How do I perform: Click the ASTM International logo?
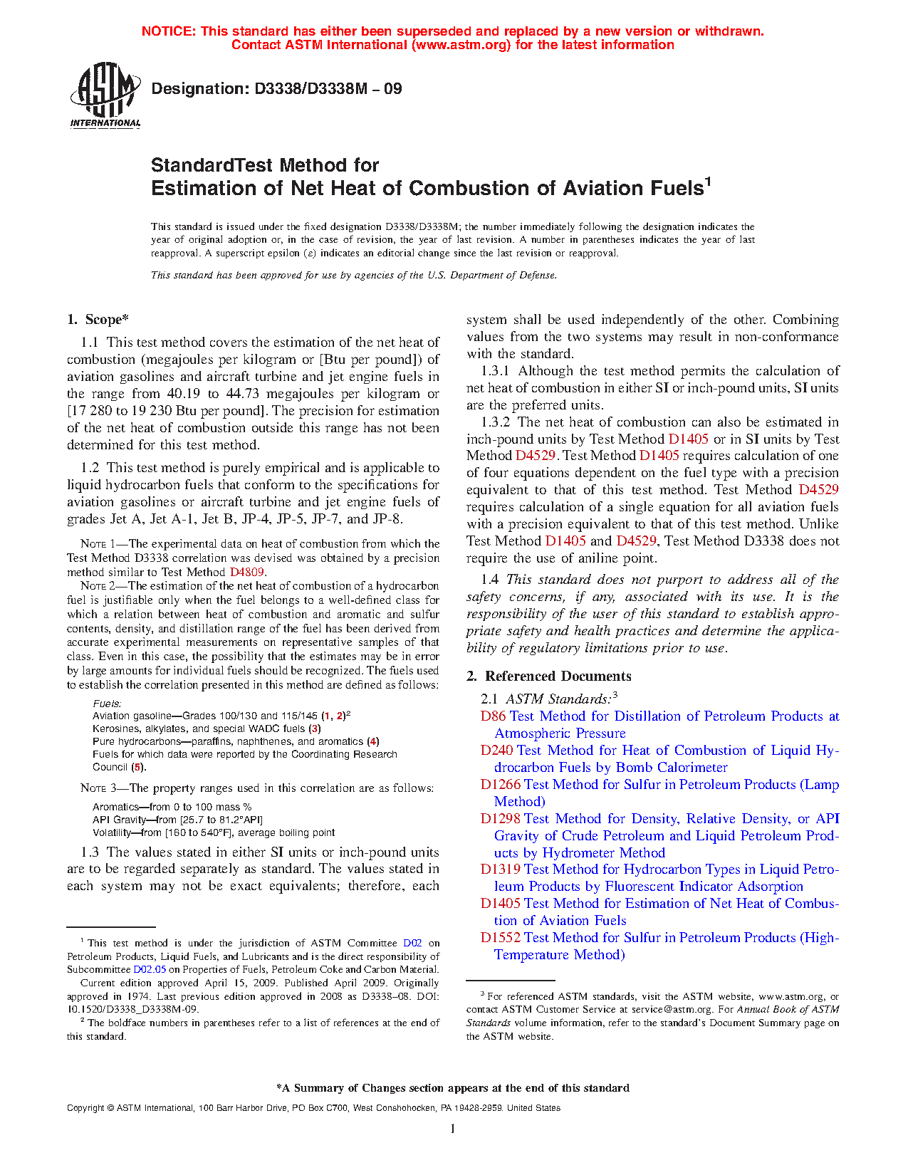(105, 95)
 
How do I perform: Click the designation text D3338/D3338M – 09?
(276, 89)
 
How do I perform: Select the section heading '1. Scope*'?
(98, 320)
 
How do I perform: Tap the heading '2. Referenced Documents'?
(549, 677)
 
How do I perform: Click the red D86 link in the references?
(494, 716)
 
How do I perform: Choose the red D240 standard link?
(497, 751)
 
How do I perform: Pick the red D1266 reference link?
(501, 785)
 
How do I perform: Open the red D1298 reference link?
(501, 819)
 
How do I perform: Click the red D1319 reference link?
(501, 869)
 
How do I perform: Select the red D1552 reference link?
(501, 938)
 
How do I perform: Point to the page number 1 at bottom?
(453, 1128)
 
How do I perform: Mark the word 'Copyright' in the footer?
(85, 1108)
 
